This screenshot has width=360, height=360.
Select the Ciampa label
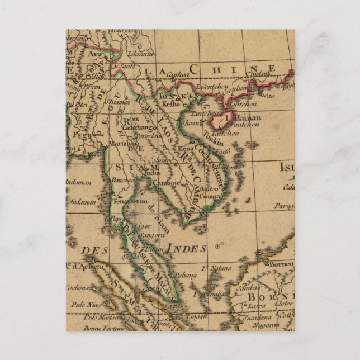pyautogui.click(x=206, y=197)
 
